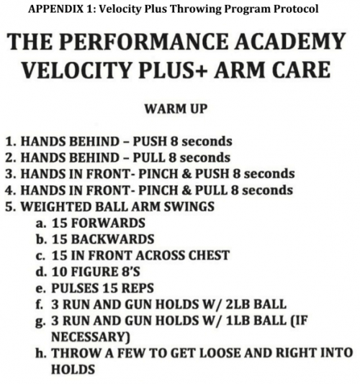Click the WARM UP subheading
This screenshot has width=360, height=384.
point(176,109)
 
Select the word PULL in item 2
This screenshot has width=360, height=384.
point(149,157)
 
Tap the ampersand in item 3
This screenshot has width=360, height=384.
point(186,174)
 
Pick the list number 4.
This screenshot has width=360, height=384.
point(10,191)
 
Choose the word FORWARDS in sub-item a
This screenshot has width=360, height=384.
point(109,223)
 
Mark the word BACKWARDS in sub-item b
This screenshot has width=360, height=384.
point(112,239)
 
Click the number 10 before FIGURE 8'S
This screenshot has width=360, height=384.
point(59,272)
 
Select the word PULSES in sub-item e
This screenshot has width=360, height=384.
point(74,288)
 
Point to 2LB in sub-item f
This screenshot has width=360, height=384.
point(237,304)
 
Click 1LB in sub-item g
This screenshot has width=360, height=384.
point(238,321)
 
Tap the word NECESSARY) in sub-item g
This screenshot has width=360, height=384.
point(91,337)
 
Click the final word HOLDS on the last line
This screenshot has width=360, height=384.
point(73,370)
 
